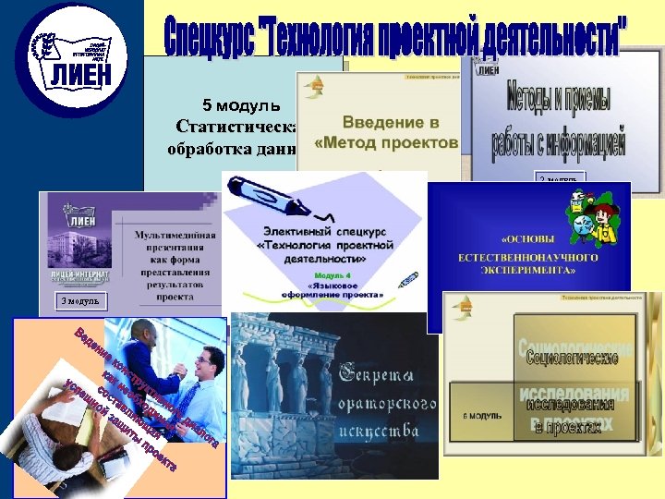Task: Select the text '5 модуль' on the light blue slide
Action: (248, 103)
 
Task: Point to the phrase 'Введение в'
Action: (391, 123)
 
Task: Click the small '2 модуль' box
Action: (560, 177)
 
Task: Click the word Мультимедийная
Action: (175, 236)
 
